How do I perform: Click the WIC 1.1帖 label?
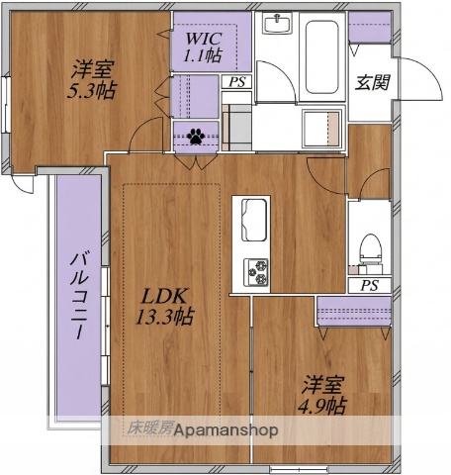202,47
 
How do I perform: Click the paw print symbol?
196,137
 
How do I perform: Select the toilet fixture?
370,248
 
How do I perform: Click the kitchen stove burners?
257,268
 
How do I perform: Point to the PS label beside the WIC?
235,83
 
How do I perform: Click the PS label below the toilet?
369,286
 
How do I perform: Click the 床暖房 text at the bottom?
146,429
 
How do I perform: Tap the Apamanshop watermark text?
227,430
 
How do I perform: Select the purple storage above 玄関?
368,27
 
